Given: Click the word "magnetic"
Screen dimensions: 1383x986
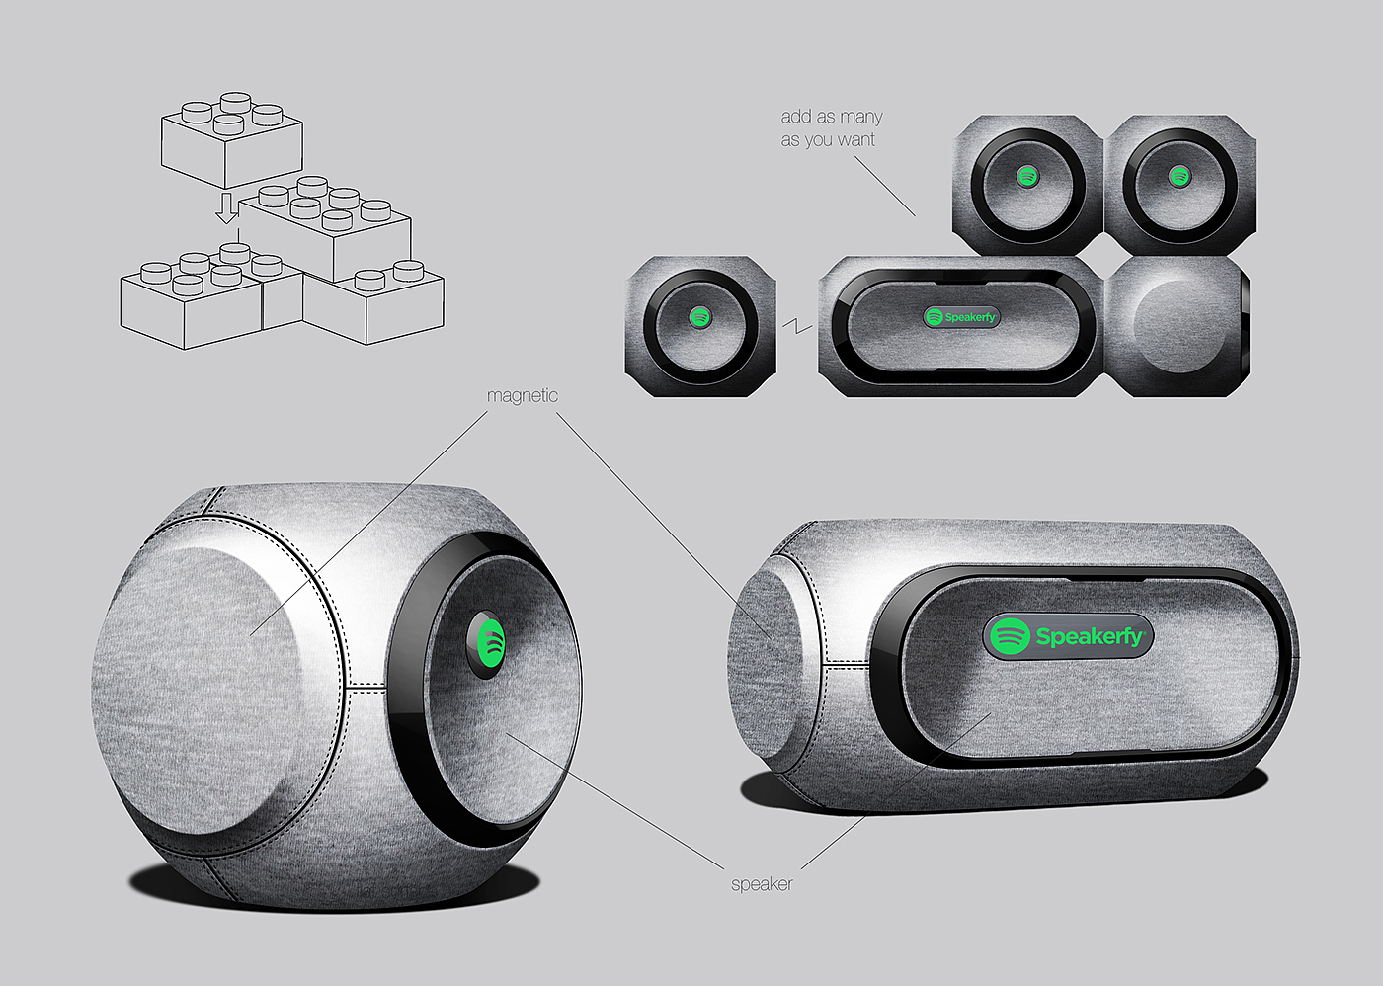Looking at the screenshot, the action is (523, 396).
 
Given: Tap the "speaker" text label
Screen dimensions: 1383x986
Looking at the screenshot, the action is (762, 884).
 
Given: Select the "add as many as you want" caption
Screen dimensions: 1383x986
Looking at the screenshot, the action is (831, 127).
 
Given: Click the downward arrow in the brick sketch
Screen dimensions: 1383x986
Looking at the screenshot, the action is (226, 208).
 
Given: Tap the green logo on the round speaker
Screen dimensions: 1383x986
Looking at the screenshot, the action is (491, 644).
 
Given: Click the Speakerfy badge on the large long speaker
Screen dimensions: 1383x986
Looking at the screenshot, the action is (1068, 636).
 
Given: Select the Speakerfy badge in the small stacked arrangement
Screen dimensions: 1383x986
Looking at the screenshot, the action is (961, 317).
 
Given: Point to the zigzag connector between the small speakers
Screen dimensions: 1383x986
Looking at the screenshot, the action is (797, 325).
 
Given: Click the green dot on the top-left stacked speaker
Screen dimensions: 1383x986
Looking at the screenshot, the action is (1026, 176).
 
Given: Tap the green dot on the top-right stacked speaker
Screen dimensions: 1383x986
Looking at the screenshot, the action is (1180, 176).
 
